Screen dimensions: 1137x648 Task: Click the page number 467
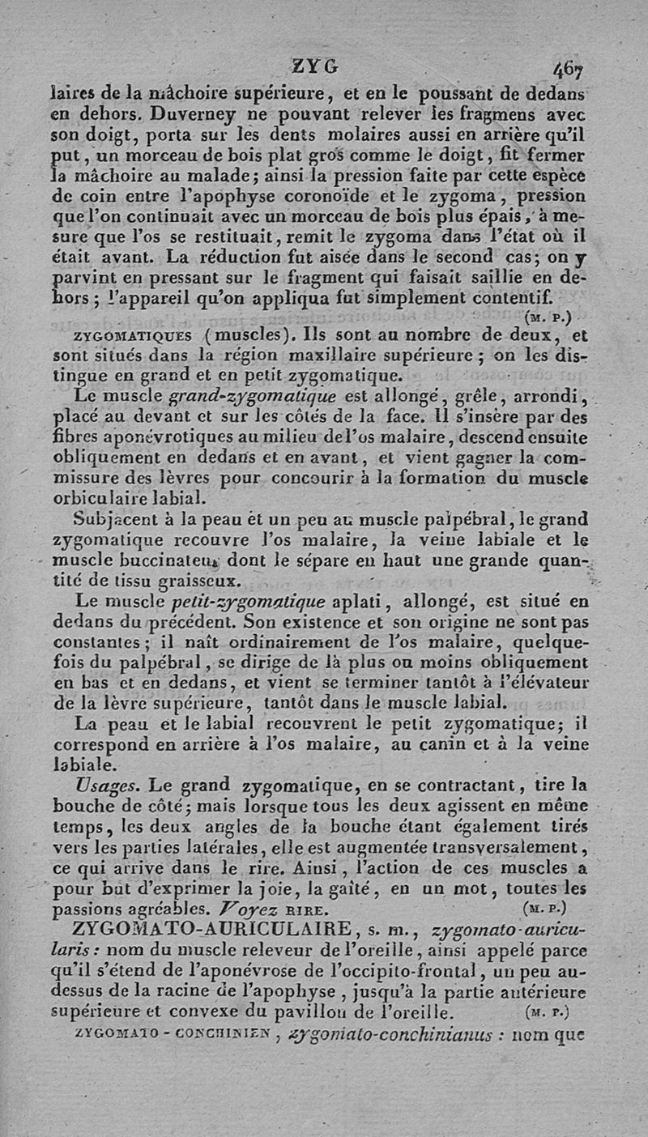click(571, 67)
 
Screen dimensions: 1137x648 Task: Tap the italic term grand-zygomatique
click(254, 397)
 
